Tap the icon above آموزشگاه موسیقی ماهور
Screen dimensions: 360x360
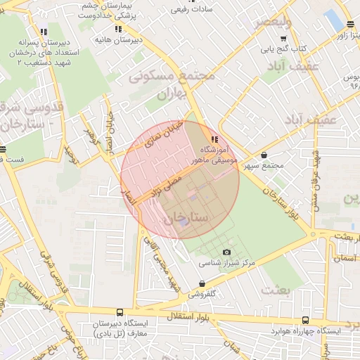(x=214, y=140)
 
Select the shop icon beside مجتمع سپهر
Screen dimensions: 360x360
(x=264, y=155)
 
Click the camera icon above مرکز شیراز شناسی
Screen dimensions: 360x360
(x=226, y=252)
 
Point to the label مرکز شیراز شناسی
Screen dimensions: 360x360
(x=226, y=263)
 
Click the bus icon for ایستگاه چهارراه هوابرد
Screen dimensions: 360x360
(x=304, y=320)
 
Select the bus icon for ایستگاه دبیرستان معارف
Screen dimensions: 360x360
(x=119, y=312)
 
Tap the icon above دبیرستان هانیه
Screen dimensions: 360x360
(x=118, y=29)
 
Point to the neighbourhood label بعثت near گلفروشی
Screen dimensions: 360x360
(x=274, y=289)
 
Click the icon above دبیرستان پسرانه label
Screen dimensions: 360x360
(x=44, y=32)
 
